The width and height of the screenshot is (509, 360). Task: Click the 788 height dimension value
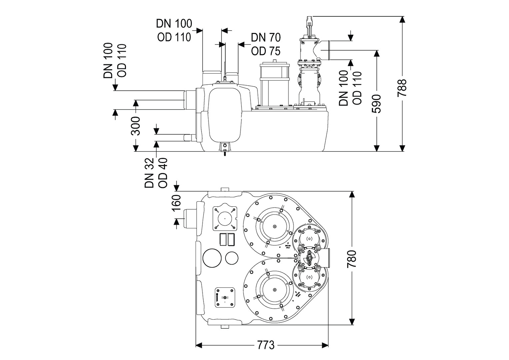tap(403, 88)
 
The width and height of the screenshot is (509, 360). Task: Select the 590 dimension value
tap(377, 104)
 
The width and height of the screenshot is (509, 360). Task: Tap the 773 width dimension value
tap(265, 345)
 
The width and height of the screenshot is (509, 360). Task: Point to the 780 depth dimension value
tap(352, 259)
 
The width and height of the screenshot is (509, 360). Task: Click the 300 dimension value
tap(136, 126)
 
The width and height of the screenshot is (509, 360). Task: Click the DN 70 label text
tap(265, 37)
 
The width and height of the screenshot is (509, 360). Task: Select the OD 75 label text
tap(265, 51)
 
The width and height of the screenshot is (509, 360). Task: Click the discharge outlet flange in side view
tap(327, 50)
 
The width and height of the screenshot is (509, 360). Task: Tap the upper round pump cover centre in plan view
tap(274, 227)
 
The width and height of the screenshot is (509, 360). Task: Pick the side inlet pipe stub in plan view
tap(191, 218)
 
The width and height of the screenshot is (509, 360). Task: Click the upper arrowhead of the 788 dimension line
tap(403, 19)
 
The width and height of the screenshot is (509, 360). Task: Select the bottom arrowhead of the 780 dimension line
tap(352, 322)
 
